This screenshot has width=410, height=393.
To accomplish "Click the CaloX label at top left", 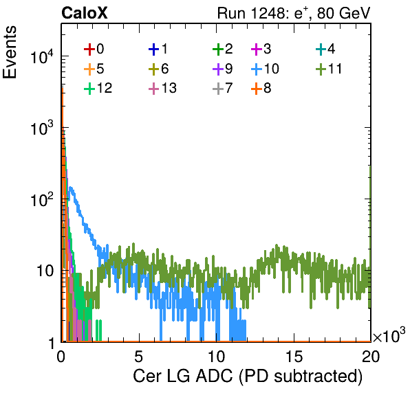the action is pos(84,13).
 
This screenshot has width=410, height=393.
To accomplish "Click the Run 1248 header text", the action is pos(294,13).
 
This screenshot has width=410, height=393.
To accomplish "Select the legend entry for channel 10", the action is pos(265,69).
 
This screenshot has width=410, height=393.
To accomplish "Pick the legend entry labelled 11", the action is pos(329,69).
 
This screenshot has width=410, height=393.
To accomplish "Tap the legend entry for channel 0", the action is pos(94,49).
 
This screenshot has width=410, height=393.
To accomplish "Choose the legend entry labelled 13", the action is pos(162,88).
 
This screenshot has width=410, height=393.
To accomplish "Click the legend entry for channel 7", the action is pos(223,88).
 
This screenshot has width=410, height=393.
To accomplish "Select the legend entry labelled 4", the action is pos(325,49).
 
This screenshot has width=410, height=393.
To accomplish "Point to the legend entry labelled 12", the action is pos(98,88).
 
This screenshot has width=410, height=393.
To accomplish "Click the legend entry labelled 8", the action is pos(261,88).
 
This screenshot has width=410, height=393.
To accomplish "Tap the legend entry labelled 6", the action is pos(158,69).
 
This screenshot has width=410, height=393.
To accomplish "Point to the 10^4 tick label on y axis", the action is pos(42,57).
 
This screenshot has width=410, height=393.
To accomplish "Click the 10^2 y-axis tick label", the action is pos(42,200).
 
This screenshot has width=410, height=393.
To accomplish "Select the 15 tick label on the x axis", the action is pos(294,357).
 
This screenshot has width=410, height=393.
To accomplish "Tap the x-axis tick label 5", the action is pos(139,357).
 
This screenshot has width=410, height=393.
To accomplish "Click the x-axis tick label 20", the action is pos(371,357).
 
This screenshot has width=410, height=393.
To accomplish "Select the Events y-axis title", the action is pos(10,52).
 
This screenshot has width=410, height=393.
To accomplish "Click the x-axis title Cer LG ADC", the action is pos(183,377).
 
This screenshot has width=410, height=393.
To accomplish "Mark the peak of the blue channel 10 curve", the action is pos(70,188).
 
